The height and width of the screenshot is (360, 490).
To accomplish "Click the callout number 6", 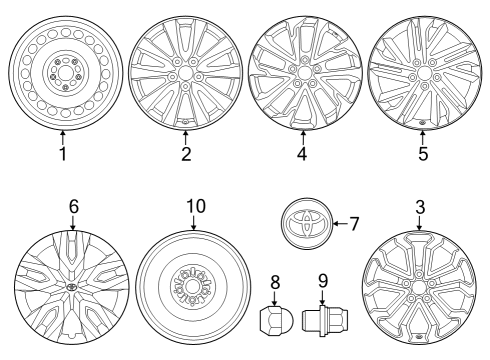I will (72, 207).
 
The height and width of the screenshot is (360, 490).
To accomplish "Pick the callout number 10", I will (194, 207).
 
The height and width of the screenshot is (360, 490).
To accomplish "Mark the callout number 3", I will (419, 207).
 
